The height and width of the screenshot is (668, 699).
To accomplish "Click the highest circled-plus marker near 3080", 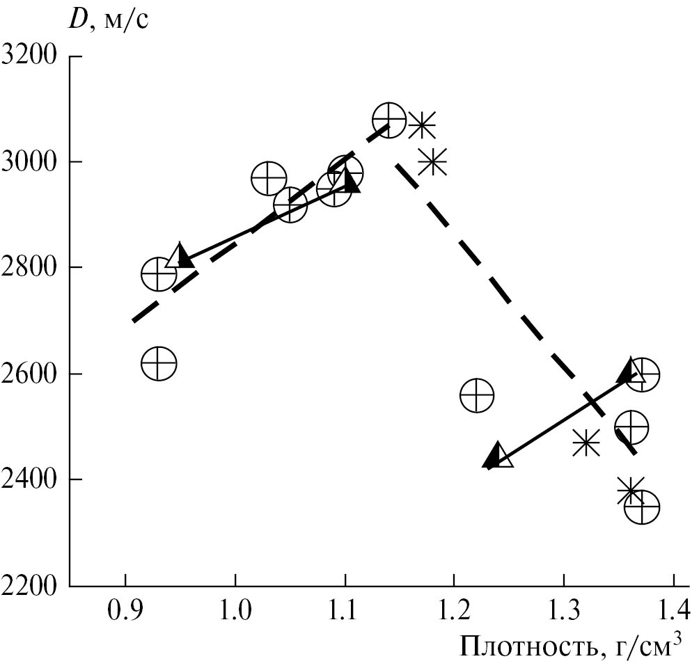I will coord(388,120).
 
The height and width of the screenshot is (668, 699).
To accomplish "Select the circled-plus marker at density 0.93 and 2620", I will coord(159,363).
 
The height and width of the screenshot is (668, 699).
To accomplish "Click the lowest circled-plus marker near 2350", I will coord(642,507).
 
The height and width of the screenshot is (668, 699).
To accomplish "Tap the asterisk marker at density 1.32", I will coord(586,442).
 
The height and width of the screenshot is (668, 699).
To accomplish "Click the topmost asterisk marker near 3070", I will coord(421,126).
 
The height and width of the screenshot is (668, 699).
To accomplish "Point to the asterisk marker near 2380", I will coord(630,492).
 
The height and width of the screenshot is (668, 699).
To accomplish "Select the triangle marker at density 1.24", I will coord(498,455).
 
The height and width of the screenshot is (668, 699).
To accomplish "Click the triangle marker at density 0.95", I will coord(180,256).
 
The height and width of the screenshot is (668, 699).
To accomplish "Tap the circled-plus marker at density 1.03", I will coord(269,180).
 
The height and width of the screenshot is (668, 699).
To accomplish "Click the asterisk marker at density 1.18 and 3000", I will coord(432,162).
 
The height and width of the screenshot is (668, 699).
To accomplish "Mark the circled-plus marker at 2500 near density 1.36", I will coord(631,427).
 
